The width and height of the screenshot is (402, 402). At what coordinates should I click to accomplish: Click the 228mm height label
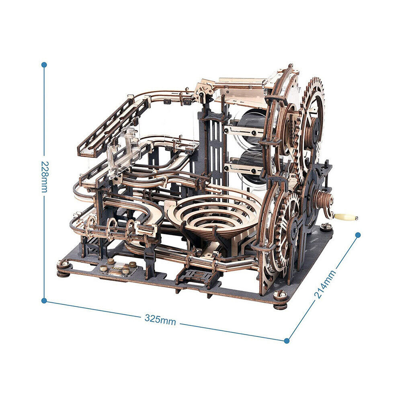click(x=44, y=177)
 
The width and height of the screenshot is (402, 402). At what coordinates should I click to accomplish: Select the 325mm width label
click(x=160, y=320)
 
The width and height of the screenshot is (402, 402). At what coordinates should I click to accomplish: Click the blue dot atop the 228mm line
click(x=44, y=65)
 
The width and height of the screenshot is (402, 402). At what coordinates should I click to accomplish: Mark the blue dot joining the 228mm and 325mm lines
click(x=44, y=300)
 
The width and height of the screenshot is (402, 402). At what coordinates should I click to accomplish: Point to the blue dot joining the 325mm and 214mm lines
click(x=287, y=341)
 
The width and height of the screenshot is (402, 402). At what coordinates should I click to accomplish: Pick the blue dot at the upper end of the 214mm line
click(x=358, y=235)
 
